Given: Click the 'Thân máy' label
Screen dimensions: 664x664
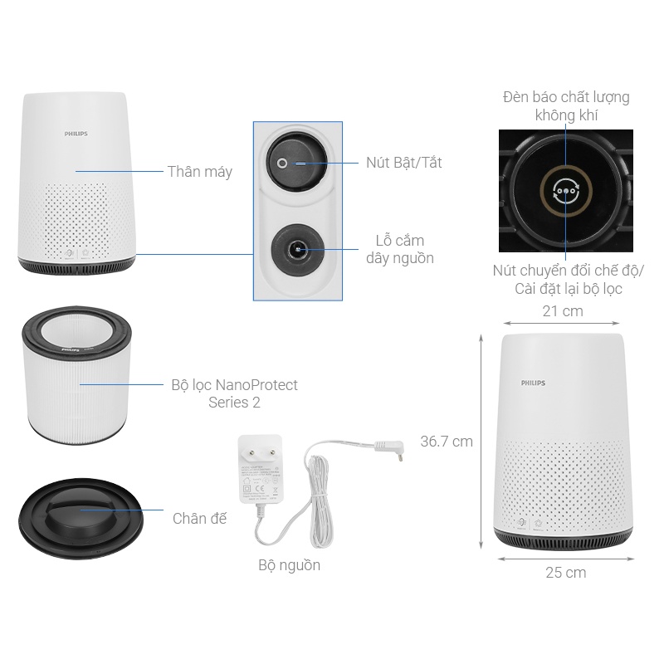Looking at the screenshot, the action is tap(199, 172).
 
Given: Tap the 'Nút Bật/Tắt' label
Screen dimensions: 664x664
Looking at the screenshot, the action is tap(403, 163).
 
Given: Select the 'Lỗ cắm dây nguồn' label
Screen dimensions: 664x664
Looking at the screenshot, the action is tap(399, 249).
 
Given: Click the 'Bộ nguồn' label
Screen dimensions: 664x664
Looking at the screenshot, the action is tap(289, 565).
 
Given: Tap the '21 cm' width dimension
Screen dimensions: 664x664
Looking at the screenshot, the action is tap(563, 311).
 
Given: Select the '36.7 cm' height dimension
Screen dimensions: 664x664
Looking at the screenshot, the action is tap(446, 442).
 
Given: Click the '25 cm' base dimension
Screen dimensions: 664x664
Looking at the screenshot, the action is tap(565, 573).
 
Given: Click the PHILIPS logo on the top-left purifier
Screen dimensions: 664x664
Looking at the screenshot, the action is tap(76, 133).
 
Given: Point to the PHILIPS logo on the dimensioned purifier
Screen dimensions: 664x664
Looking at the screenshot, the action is tap(534, 383).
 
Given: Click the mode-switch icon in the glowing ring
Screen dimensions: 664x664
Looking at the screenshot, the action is tap(565, 191).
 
